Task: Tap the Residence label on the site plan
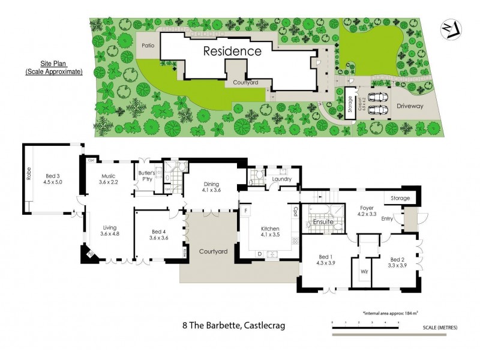pyautogui.click(x=232, y=51)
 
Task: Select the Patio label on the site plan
pyautogui.click(x=148, y=46)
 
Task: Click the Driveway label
pyautogui.click(x=410, y=106)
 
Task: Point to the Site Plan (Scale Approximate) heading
pyautogui.click(x=54, y=68)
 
